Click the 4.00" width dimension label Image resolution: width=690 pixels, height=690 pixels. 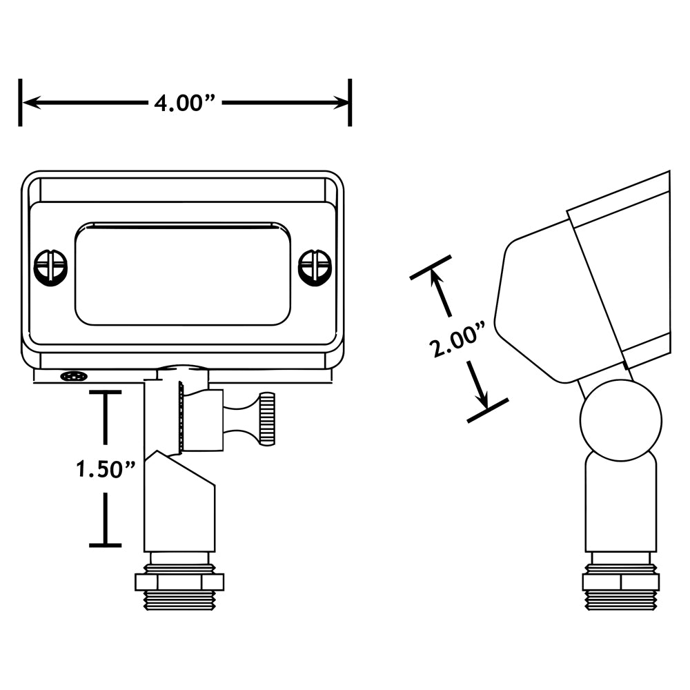(186, 103)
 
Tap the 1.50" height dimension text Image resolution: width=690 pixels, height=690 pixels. (106, 469)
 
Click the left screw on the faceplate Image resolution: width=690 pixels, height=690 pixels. (50, 266)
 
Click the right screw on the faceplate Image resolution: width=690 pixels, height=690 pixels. (315, 266)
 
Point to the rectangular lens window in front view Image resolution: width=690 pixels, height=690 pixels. (182, 273)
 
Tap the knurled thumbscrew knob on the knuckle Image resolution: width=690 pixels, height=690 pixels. (267, 418)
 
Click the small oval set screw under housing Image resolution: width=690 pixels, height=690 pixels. (73, 376)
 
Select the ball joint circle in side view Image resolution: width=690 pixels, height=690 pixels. (620, 420)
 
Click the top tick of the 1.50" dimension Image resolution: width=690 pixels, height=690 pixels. (105, 392)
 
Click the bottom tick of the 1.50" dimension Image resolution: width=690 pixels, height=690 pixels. (105, 545)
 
